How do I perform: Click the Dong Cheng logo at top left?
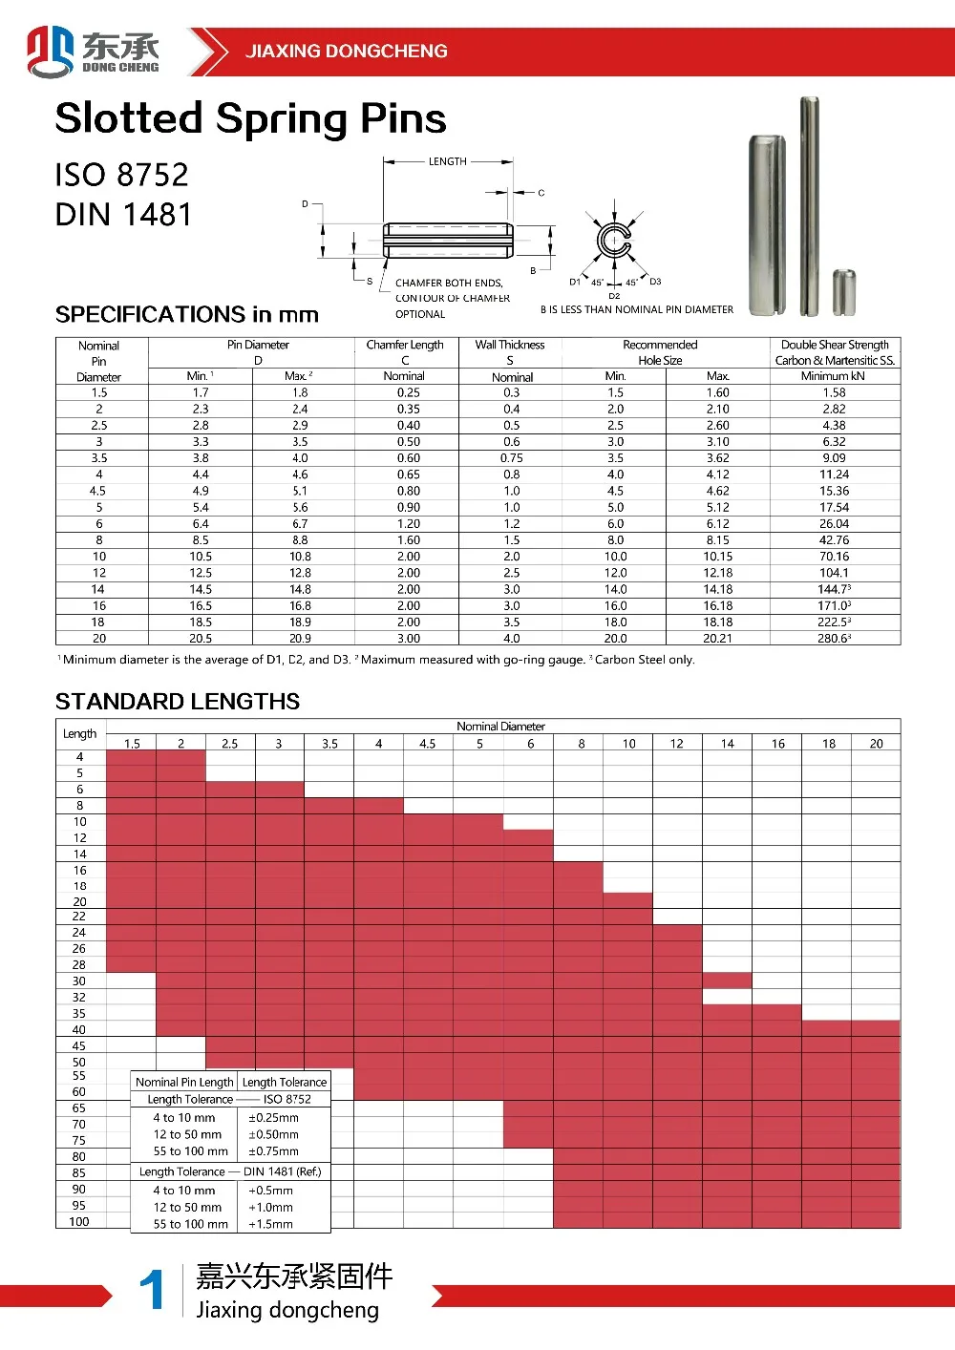93,52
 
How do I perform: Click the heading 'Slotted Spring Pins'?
251,118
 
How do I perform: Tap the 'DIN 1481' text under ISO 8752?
123,215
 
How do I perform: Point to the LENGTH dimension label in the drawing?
447,161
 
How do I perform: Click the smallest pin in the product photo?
844,293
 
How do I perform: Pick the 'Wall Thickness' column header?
509,345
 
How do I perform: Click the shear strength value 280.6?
834,638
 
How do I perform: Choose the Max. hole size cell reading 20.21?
717,638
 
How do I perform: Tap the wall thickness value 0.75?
511,458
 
